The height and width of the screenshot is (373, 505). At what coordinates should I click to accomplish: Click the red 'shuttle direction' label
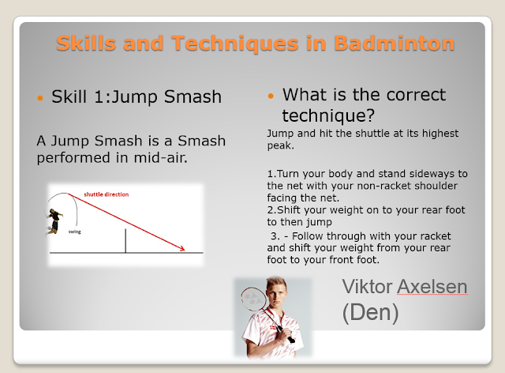pos(107,194)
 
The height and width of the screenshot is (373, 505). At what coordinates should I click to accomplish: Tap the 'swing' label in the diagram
pos(75,232)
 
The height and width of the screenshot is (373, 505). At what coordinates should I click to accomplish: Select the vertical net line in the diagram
pos(125,241)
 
